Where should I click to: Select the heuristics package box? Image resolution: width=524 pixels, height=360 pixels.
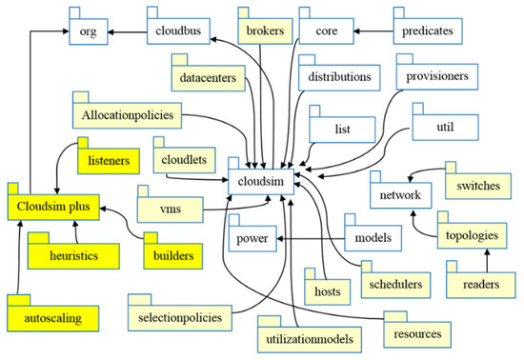(73, 255)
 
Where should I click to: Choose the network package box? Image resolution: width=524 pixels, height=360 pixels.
(401, 193)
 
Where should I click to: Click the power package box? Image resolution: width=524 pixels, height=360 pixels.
(252, 236)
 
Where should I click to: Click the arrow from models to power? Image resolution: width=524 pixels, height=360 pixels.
(310, 235)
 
